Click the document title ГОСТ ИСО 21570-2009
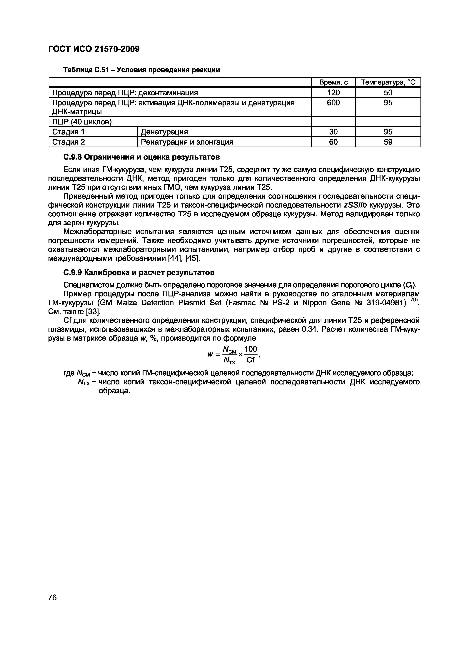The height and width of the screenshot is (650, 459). [94, 49]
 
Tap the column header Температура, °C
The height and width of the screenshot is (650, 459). [388, 82]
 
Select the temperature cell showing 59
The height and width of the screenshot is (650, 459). [388, 142]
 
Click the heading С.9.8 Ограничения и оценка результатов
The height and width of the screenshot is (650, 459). [141, 157]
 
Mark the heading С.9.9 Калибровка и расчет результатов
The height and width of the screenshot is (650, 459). [138, 272]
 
